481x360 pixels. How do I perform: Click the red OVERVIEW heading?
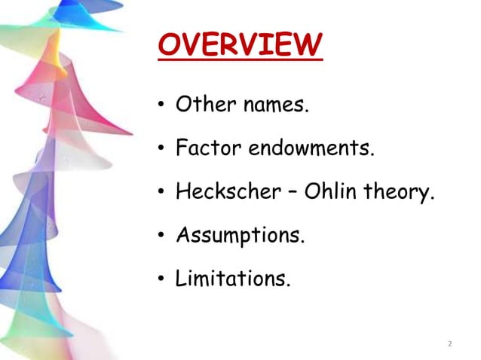240,45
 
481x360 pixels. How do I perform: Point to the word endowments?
311,148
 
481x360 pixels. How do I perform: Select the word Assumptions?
240,235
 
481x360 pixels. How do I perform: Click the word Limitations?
232,279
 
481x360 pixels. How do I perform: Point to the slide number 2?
449,344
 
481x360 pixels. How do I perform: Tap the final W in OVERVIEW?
308,45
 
